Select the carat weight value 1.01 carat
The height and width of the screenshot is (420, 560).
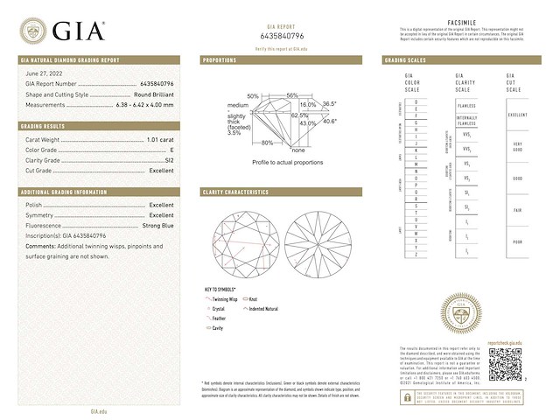158,139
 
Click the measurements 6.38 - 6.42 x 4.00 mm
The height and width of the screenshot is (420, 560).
143,104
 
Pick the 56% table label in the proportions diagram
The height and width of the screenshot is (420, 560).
292,94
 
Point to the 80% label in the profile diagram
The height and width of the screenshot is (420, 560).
267,143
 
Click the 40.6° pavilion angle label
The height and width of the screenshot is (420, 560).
330,122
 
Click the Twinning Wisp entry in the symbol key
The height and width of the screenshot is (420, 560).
227,299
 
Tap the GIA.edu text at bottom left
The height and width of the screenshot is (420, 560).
98,410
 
